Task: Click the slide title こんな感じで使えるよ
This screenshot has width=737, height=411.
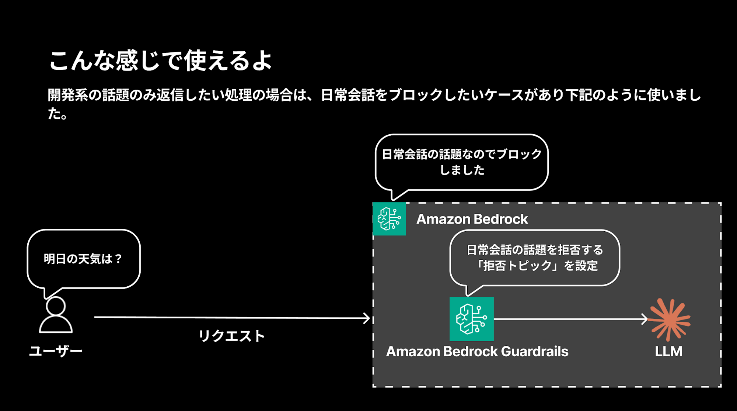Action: pos(160,60)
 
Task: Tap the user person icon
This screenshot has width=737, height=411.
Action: pos(56,315)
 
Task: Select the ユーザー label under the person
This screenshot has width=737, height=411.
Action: pos(56,350)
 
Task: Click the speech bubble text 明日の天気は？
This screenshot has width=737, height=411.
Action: pos(83,259)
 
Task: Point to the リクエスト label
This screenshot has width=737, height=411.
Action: pos(232,336)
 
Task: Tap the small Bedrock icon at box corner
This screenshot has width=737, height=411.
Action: pos(389,219)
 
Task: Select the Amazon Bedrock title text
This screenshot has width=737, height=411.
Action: pos(472,219)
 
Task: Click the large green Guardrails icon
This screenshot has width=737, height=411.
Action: pos(471,319)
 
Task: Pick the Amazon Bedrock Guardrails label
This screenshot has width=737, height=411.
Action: pos(477,351)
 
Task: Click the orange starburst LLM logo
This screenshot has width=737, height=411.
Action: pos(670,320)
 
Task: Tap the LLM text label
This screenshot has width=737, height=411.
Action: pos(668,351)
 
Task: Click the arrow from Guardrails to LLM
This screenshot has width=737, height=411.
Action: pos(571,319)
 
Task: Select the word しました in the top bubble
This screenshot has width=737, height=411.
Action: pos(462,170)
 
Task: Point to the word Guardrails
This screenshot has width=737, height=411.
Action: pos(535,351)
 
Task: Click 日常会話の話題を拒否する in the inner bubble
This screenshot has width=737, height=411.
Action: pos(535,250)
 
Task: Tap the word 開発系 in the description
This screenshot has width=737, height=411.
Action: pos(68,95)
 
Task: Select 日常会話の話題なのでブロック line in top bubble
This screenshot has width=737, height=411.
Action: pos(462,154)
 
